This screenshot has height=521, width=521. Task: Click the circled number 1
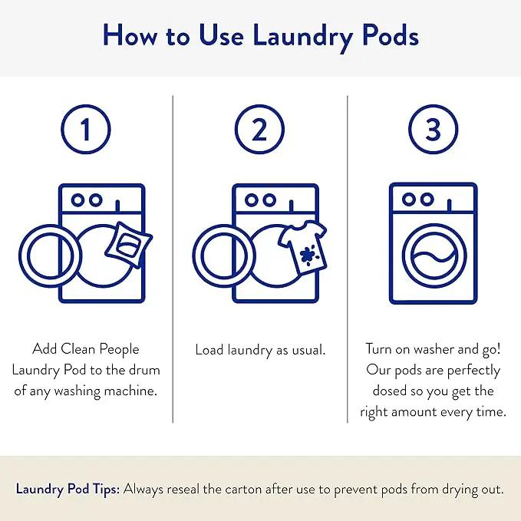coord(86,129)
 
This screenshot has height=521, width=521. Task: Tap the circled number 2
coord(259,129)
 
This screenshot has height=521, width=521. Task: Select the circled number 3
coord(433,129)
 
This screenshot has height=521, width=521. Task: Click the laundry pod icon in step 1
coord(129,244)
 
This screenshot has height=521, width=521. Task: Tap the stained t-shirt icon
coord(302,248)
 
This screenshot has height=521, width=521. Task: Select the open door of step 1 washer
coord(50,256)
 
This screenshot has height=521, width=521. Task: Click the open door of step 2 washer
coord(224,256)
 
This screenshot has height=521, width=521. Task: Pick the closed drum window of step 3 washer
coord(434,256)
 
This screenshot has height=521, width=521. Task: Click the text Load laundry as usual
coord(260,350)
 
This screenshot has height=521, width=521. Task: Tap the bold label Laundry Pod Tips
coord(68,490)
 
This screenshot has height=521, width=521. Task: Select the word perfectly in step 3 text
coord(473,371)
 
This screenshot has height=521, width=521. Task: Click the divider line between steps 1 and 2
coord(173,259)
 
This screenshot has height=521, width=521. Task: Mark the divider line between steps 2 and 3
coord(348,259)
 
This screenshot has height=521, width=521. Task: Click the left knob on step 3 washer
coord(408,199)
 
